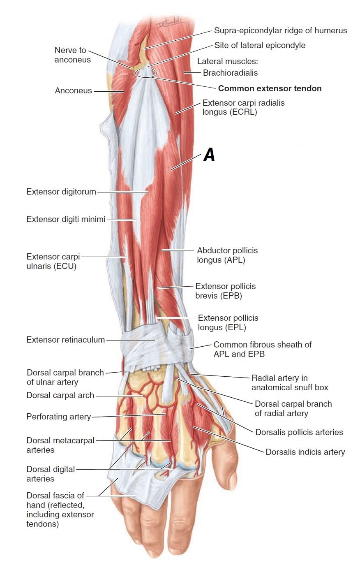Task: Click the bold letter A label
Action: (x=209, y=155)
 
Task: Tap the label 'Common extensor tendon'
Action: (x=270, y=88)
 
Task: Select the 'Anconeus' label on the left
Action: (x=73, y=90)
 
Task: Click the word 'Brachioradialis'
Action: (x=230, y=73)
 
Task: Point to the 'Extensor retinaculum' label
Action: (x=65, y=340)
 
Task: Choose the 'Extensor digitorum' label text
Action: (x=61, y=192)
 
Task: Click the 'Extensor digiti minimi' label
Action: (x=66, y=219)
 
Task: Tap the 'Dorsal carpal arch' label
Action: (x=60, y=395)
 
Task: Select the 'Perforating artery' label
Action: (x=58, y=417)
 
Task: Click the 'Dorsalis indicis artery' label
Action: (x=305, y=452)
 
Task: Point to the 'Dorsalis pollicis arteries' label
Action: (x=299, y=432)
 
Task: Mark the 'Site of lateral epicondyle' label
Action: (x=260, y=45)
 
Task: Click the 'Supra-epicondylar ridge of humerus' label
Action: (x=280, y=30)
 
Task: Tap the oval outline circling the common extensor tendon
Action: (x=146, y=73)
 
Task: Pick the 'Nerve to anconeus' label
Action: (x=70, y=55)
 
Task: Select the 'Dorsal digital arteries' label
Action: (x=51, y=474)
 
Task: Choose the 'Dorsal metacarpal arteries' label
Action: (x=60, y=445)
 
